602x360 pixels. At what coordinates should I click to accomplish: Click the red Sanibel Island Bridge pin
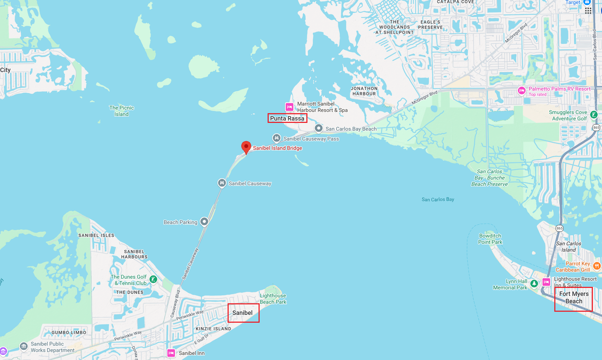click(x=246, y=147)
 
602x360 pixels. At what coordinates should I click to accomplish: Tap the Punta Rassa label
click(x=287, y=118)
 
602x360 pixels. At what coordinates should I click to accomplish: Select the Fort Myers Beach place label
click(x=573, y=297)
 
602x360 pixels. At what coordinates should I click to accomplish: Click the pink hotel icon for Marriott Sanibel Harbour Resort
click(x=290, y=107)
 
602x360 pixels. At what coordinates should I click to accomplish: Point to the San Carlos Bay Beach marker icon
click(x=318, y=128)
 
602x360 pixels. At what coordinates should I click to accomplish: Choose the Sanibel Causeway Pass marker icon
click(x=277, y=138)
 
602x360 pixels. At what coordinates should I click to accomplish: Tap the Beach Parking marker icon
click(x=204, y=222)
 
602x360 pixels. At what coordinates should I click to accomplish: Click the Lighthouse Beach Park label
click(x=273, y=299)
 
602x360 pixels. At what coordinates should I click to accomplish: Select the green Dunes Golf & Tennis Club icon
click(x=153, y=280)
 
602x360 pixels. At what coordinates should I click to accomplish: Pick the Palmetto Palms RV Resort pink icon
click(x=521, y=90)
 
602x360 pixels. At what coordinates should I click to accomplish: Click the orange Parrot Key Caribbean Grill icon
click(x=597, y=266)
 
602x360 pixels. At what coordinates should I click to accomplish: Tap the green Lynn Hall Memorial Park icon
click(x=534, y=283)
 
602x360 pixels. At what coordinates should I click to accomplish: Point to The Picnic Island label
click(x=121, y=111)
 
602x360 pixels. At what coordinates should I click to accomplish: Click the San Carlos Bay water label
click(x=438, y=200)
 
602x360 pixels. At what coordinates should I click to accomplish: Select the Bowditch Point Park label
click(x=490, y=239)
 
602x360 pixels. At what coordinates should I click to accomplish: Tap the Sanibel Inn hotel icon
click(x=171, y=353)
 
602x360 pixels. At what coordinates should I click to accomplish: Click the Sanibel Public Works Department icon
click(x=24, y=347)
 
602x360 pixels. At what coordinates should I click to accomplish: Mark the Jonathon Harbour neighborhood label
click(x=364, y=91)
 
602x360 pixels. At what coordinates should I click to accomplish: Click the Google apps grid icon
click(x=588, y=10)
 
